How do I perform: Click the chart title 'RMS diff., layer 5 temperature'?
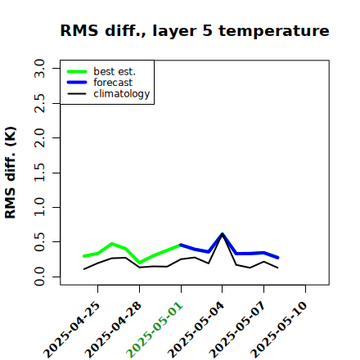195,30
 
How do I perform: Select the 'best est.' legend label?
115,71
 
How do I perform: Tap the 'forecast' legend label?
113,83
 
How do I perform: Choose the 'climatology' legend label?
122,94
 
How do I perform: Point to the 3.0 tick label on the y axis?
39,68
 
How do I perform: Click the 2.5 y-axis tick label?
39,103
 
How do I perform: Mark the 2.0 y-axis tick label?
39,138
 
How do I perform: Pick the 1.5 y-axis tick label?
39,173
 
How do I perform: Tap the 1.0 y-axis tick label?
39,207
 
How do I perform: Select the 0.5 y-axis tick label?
39,242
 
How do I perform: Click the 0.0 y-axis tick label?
39,277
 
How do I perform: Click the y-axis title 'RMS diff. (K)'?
11,173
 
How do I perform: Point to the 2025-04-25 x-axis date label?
72,330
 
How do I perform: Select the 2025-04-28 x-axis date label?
114,330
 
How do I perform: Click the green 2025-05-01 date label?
155,330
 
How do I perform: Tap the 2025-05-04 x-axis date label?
196,330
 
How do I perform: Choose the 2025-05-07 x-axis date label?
238,330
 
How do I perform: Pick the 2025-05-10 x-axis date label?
280,330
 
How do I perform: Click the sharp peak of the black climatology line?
223,234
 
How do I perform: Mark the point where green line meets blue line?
181,245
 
